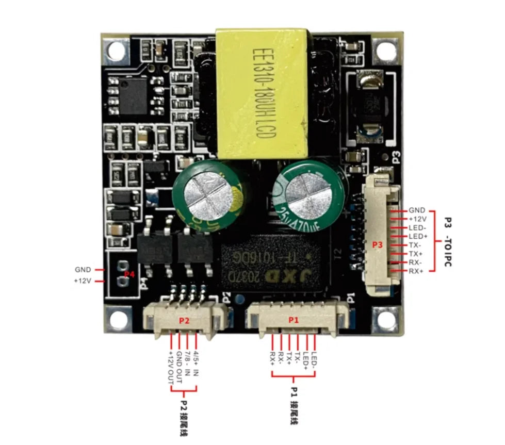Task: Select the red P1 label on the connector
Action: click(x=294, y=320)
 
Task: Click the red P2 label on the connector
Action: click(x=184, y=320)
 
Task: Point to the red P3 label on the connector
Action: click(x=377, y=245)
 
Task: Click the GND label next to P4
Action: click(x=83, y=270)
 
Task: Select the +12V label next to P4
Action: click(x=83, y=281)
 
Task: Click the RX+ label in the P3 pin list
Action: click(x=417, y=271)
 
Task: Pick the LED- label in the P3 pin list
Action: click(x=417, y=227)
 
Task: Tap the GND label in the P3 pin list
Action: click(x=417, y=210)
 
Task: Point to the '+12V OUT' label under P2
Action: click(x=171, y=368)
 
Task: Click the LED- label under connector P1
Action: click(x=314, y=360)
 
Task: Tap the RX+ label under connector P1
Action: click(x=272, y=359)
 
